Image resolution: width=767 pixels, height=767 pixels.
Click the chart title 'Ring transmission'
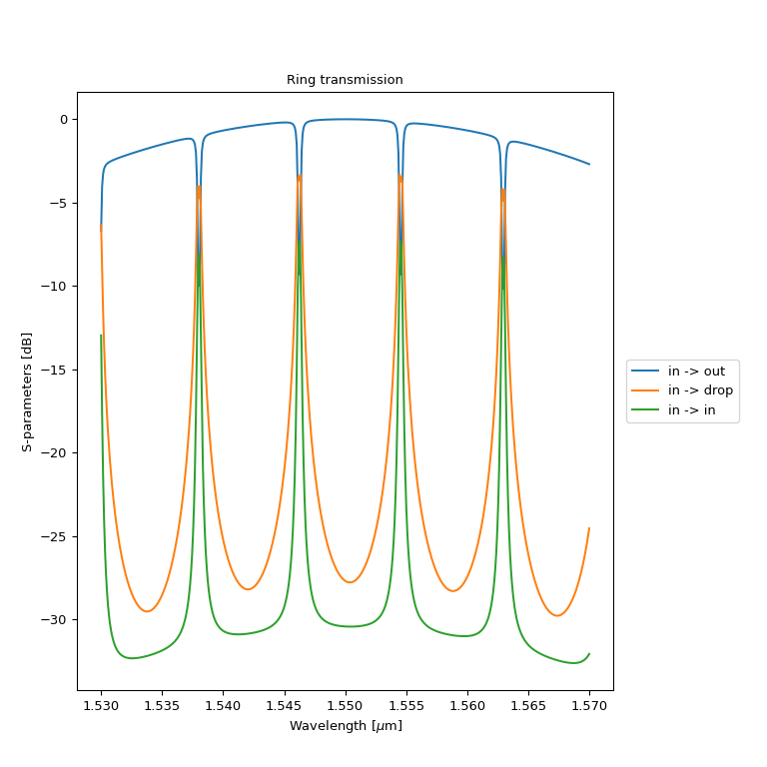coord(345,80)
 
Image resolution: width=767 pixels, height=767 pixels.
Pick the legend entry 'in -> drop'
coord(700,390)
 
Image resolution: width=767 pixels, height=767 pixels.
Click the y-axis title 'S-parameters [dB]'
coord(27,390)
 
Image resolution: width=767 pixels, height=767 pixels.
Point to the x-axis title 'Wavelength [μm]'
coord(346,726)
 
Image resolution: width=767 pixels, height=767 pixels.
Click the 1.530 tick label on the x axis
coord(101,705)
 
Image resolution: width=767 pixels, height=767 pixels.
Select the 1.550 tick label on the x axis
coord(346,705)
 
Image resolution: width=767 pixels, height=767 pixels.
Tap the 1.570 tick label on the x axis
coord(589,705)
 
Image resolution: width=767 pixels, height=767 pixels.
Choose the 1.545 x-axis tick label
coord(285,705)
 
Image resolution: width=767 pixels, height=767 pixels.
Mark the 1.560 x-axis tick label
coord(467,705)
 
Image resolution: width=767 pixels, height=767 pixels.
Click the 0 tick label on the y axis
coord(62,120)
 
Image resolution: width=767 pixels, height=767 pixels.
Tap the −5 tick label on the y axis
coord(58,203)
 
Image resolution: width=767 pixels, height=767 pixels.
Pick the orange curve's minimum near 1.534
coord(148,611)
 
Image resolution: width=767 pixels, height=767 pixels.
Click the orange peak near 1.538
coord(199,186)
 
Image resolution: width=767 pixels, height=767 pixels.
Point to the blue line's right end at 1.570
coord(589,164)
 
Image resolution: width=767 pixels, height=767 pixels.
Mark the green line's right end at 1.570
coord(589,653)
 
